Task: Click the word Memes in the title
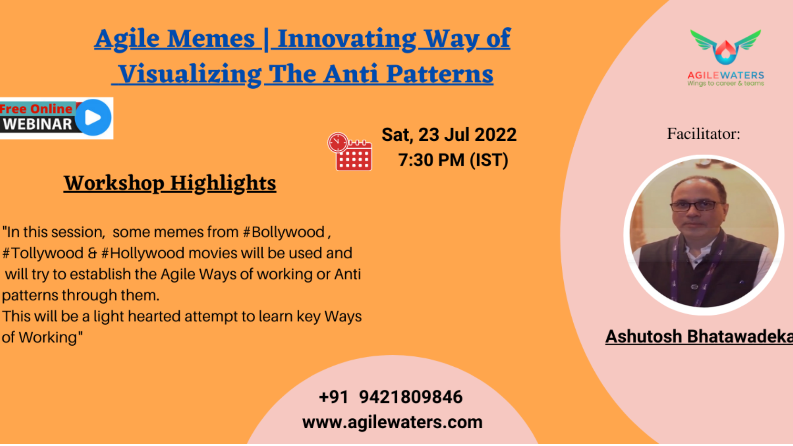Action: pyautogui.click(x=211, y=39)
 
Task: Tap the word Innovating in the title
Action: pyautogui.click(x=347, y=39)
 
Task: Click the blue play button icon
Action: pyautogui.click(x=93, y=118)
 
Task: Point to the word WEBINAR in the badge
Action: pyautogui.click(x=38, y=124)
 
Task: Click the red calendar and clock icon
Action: pyautogui.click(x=350, y=152)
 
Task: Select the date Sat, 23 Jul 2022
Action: pyautogui.click(x=449, y=135)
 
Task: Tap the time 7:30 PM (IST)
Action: pyautogui.click(x=453, y=160)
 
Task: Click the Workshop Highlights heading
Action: pyautogui.click(x=170, y=183)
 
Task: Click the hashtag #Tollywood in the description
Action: pyautogui.click(x=43, y=253)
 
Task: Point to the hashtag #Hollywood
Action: pyautogui.click(x=142, y=253)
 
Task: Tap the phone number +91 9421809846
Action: pyautogui.click(x=391, y=397)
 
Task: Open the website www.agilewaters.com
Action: pyautogui.click(x=392, y=422)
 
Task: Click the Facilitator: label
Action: pyautogui.click(x=703, y=134)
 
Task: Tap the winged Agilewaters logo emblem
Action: pyautogui.click(x=725, y=47)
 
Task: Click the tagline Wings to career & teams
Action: pyautogui.click(x=726, y=83)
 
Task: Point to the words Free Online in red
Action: pyautogui.click(x=36, y=109)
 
